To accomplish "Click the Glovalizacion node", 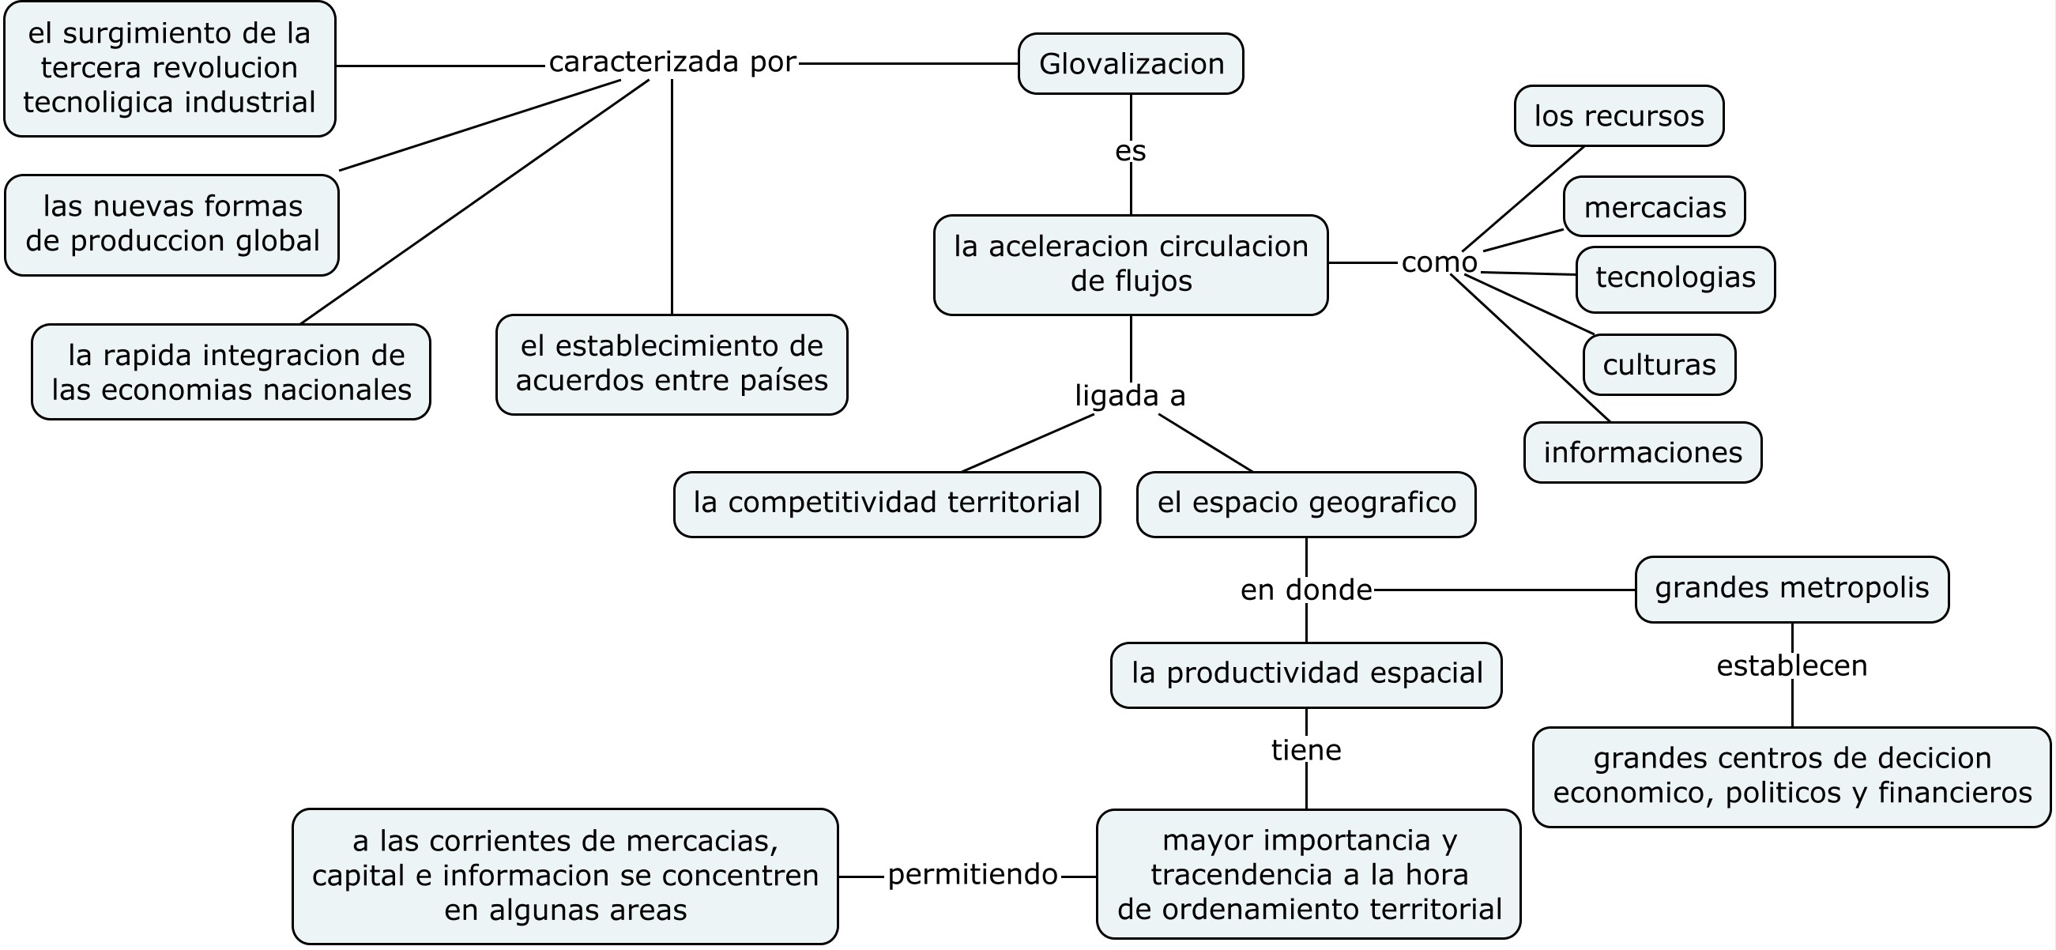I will click(x=1130, y=64).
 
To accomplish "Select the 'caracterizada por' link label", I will click(x=672, y=62).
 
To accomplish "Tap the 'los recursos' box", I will click(x=1617, y=116).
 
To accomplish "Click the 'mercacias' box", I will click(x=1654, y=208).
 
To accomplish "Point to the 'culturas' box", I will click(x=1659, y=365).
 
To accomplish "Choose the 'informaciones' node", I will click(x=1642, y=453).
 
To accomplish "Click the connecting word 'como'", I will click(x=1438, y=262).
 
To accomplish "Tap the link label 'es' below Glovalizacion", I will click(x=1130, y=151).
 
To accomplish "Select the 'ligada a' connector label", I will click(x=1129, y=395).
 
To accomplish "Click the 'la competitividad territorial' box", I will click(x=886, y=503).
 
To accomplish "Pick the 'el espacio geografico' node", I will click(x=1306, y=503).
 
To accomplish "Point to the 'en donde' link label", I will click(x=1306, y=590).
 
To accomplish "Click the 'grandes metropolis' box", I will click(x=1791, y=588).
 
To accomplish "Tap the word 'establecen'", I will click(x=1791, y=665).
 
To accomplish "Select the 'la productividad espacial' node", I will click(x=1306, y=674).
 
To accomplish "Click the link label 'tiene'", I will click(x=1306, y=750).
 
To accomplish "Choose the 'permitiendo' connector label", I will click(x=972, y=875).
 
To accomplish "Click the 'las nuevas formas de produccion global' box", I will click(x=171, y=224).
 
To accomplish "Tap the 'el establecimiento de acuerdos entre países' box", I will click(x=671, y=364).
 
